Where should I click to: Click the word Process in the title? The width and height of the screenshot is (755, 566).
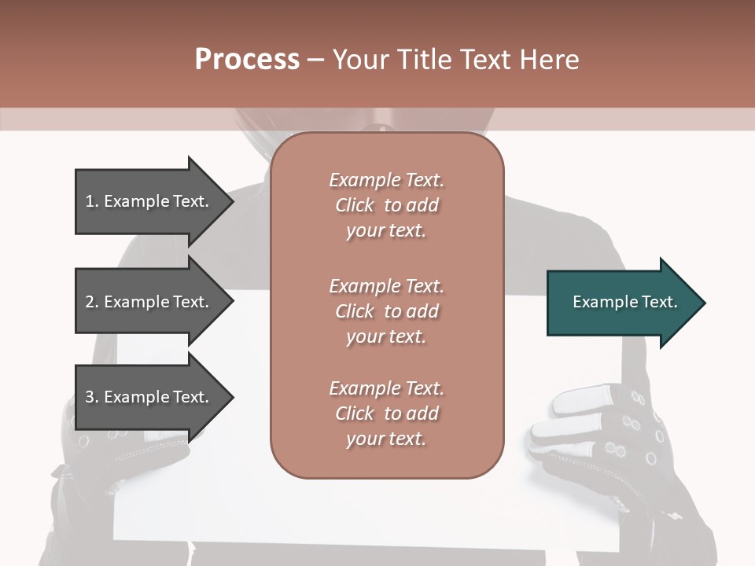click(x=247, y=60)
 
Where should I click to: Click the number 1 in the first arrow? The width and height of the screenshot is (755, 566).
click(x=90, y=201)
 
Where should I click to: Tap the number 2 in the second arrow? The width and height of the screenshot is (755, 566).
click(x=90, y=302)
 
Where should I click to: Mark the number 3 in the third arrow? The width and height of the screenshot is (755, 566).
click(x=90, y=397)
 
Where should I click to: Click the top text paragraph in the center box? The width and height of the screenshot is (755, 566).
click(x=386, y=205)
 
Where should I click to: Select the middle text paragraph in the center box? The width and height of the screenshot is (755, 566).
click(x=386, y=311)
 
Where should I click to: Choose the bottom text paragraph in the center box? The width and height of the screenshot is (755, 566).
click(x=386, y=413)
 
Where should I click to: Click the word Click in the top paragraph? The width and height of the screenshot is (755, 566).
click(x=354, y=205)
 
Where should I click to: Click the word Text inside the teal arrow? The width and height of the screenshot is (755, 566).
click(x=658, y=302)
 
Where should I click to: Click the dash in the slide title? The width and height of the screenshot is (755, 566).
click(x=315, y=60)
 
